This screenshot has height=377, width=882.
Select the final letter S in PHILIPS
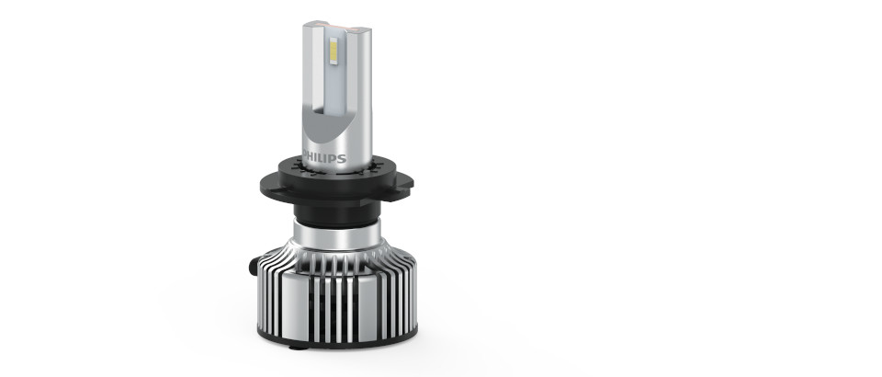[343, 158]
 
